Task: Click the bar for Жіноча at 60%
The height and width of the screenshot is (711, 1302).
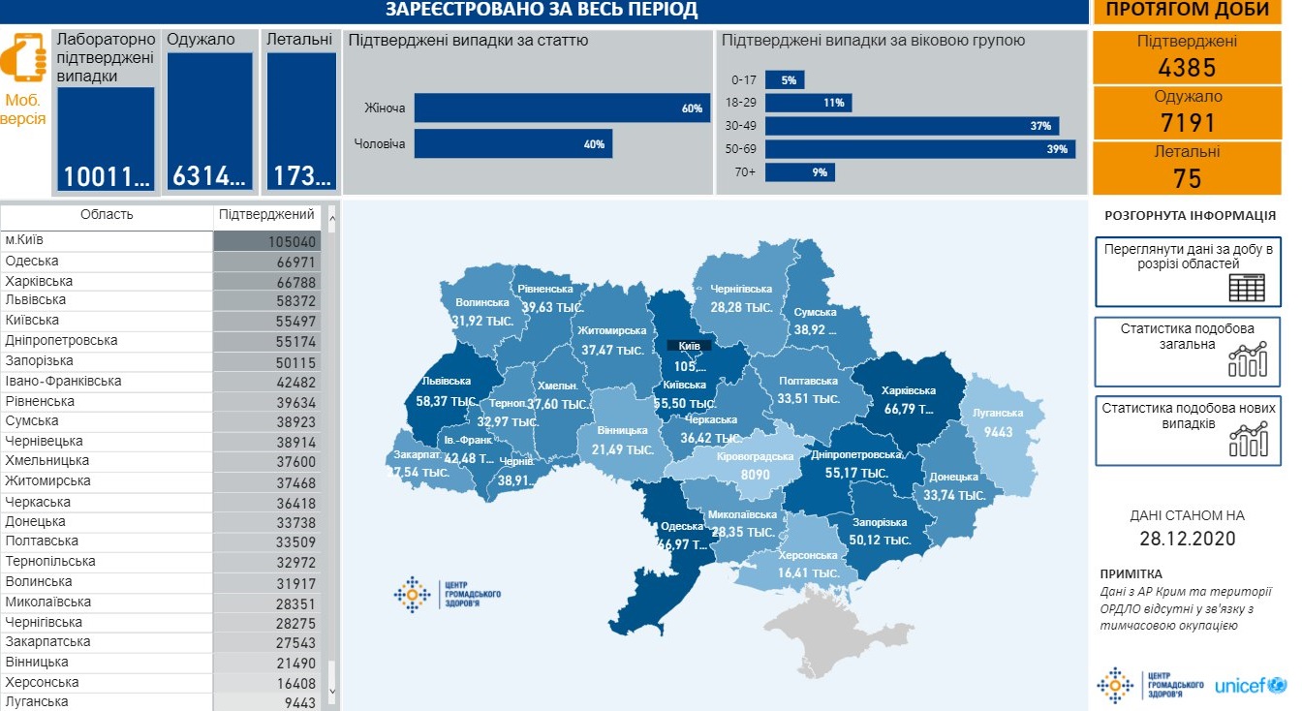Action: point(562,108)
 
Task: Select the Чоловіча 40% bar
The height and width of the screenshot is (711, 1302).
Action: point(513,144)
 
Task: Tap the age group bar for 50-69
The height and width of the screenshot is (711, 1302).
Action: point(919,149)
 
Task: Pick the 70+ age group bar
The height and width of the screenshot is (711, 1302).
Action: point(799,172)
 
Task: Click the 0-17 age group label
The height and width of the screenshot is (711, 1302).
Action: point(744,80)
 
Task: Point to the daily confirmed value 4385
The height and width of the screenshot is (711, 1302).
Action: point(1187,68)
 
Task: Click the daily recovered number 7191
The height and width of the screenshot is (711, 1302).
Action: point(1187,123)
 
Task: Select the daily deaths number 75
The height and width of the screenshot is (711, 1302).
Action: point(1187,178)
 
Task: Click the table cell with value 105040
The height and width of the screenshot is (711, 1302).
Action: point(267,242)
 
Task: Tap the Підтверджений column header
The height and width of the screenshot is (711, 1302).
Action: point(266,215)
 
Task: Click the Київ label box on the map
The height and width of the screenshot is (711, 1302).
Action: point(689,345)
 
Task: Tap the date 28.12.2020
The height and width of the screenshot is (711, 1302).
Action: point(1187,539)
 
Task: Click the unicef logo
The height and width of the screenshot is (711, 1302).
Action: point(1250,686)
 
